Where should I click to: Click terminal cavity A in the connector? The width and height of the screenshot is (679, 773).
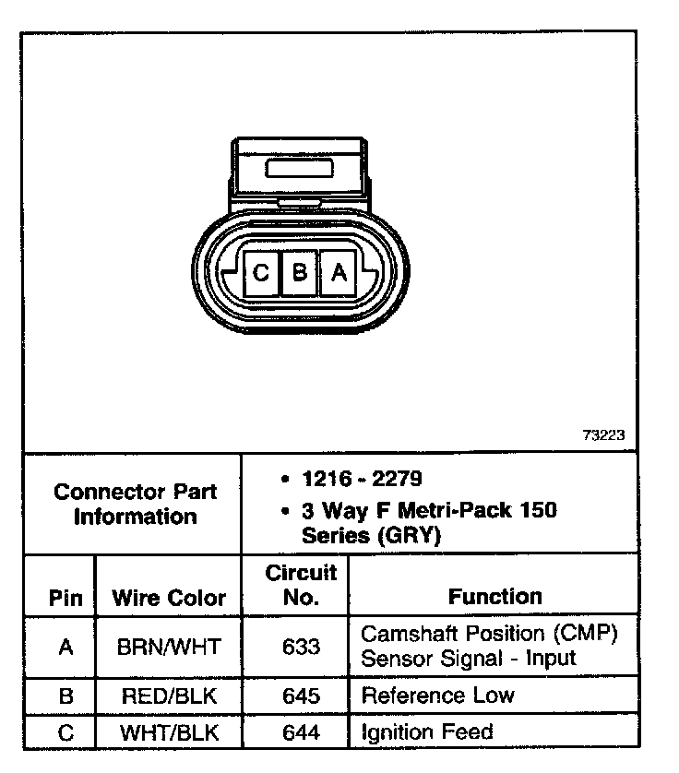click(339, 273)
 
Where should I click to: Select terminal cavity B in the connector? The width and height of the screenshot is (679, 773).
click(299, 273)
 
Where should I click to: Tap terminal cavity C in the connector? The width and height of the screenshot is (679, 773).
click(260, 273)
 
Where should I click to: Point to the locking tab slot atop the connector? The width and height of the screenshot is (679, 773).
click(301, 168)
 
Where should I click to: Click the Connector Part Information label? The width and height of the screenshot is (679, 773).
click(135, 504)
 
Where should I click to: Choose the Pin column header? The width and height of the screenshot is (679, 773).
click(65, 598)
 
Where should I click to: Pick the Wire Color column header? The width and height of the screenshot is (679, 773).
click(169, 598)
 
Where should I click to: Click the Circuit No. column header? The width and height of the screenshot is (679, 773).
click(301, 585)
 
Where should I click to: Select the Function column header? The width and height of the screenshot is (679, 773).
click(495, 597)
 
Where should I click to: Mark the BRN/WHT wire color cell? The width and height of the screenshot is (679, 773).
click(169, 647)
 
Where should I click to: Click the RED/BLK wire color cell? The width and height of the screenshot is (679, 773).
click(169, 696)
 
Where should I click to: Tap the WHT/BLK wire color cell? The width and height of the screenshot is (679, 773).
click(169, 733)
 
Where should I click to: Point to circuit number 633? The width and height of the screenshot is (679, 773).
click(301, 647)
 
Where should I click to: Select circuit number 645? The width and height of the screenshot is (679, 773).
click(301, 696)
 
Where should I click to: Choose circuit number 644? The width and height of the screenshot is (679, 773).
click(301, 733)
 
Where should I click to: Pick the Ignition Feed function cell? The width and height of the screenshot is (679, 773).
click(427, 733)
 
